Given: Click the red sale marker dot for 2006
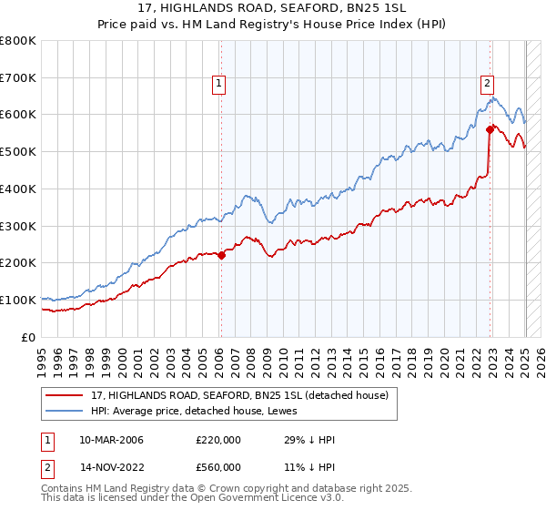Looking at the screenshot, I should pyautogui.click(x=221, y=255).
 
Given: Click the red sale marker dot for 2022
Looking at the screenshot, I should pyautogui.click(x=490, y=129).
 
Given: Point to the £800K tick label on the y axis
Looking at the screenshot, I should pyautogui.click(x=18, y=41).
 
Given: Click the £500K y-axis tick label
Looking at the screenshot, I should pyautogui.click(x=18, y=152).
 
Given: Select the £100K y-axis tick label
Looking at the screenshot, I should pyautogui.click(x=18, y=300).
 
